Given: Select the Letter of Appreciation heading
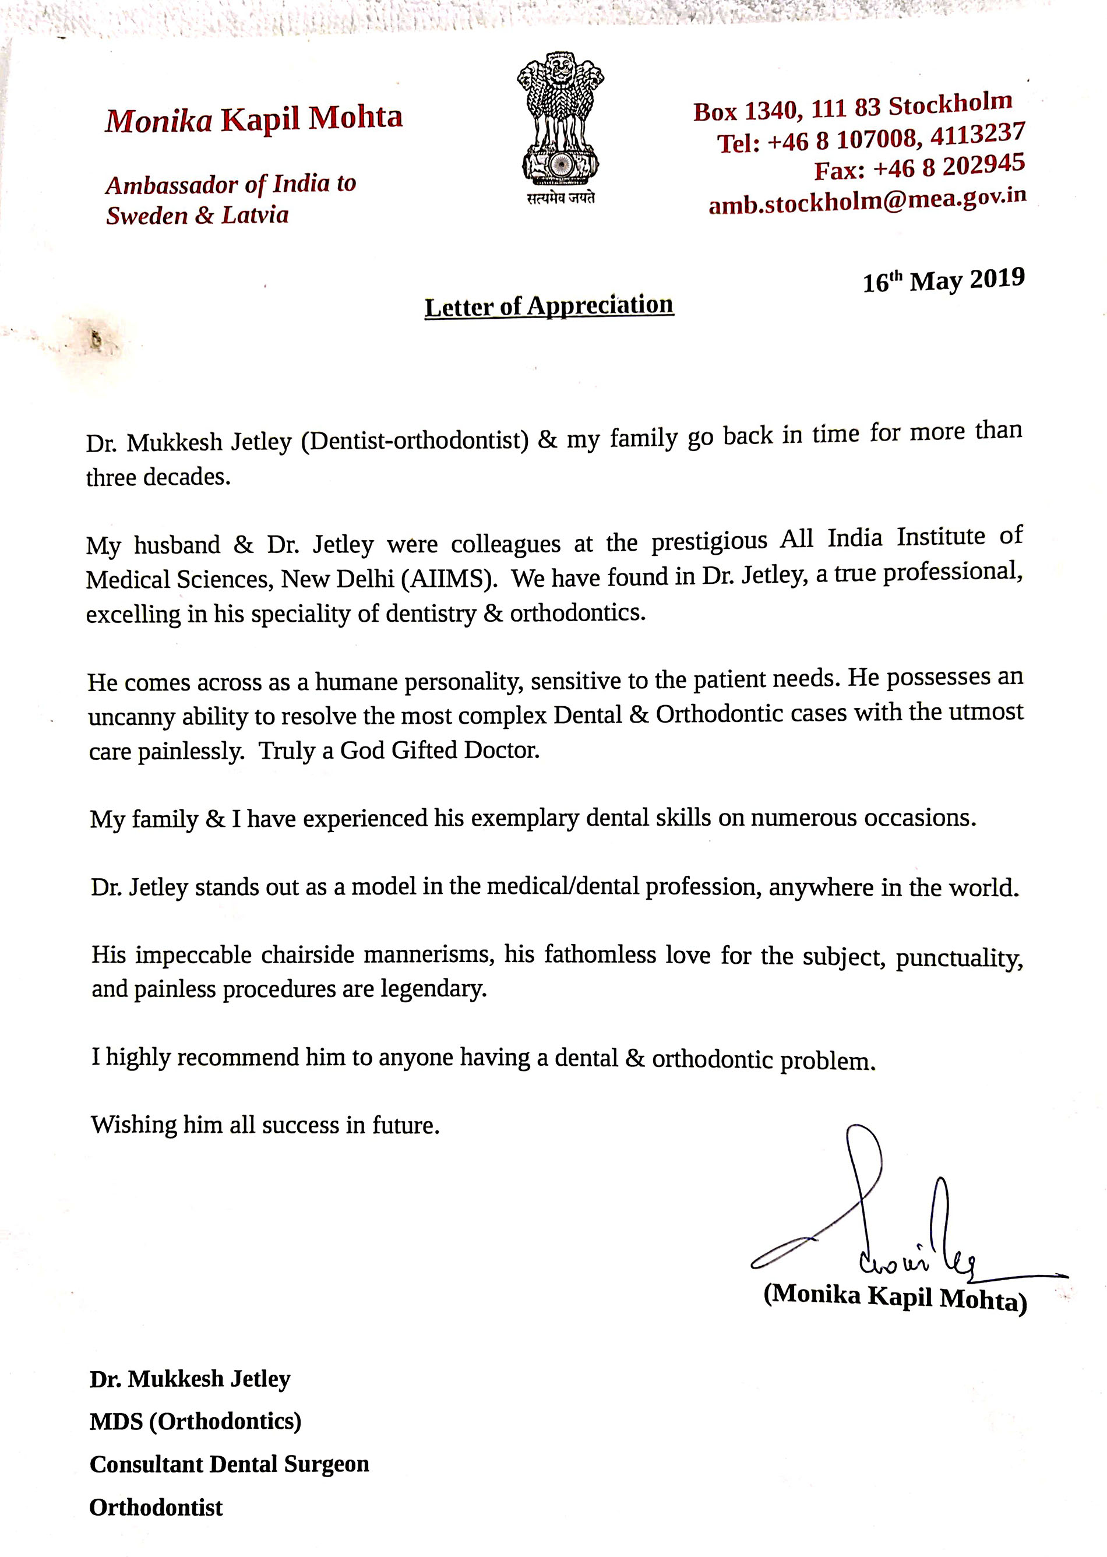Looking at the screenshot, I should (x=549, y=306).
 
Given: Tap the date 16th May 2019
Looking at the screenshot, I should (x=943, y=280).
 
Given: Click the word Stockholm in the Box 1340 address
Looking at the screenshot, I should (x=950, y=104).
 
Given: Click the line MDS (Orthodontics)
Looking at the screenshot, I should (x=195, y=1421).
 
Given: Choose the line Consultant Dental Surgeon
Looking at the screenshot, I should (x=229, y=1464).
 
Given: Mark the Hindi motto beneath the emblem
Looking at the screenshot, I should (x=560, y=198).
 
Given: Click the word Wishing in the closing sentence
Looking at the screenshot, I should (x=133, y=1124).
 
